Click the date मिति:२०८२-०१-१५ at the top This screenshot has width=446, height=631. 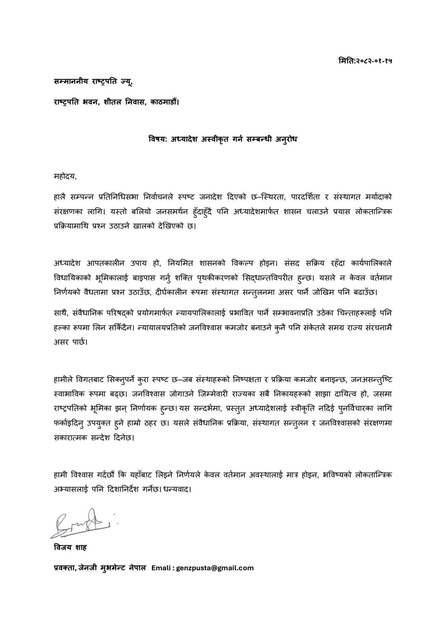tap(365, 61)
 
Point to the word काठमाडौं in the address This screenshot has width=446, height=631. tap(164, 102)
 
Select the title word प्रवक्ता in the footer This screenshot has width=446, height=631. tap(63, 568)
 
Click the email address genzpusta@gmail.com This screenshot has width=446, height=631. tap(215, 568)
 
